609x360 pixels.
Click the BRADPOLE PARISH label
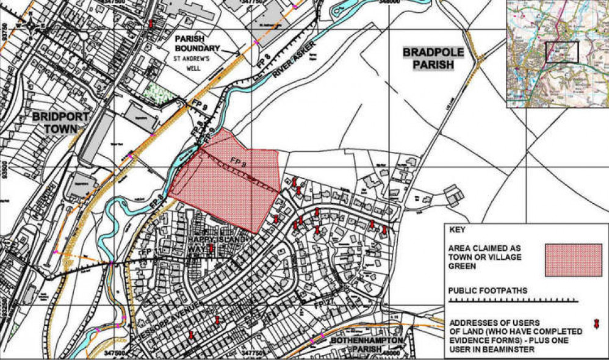[433, 59]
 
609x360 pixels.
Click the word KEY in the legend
[456, 232]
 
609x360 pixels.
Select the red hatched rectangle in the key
[573, 259]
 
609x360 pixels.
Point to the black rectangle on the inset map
[561, 52]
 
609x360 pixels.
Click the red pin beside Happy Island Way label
[212, 248]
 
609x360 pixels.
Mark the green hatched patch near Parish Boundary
[160, 93]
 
